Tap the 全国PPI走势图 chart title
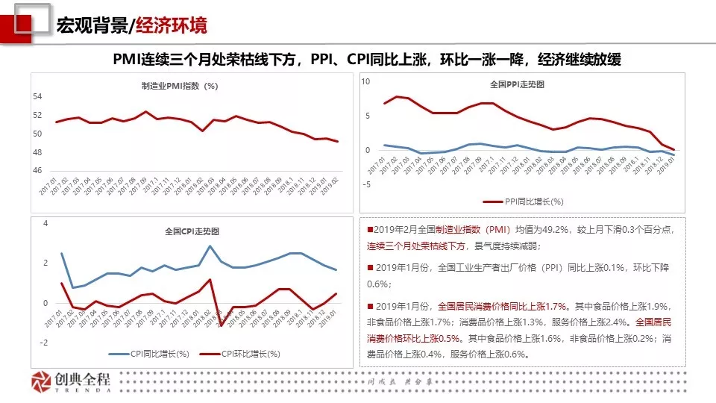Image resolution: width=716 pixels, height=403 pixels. (517, 84)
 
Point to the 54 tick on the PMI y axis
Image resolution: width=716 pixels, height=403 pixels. (38, 97)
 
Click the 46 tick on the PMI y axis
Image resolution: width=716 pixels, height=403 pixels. (38, 171)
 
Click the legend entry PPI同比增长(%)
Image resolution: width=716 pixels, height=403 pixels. (523, 201)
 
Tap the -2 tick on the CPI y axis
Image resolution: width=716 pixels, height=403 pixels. (45, 343)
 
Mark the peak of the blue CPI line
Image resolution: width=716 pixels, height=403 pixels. (210, 246)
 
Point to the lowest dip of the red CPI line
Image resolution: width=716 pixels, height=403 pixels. (222, 325)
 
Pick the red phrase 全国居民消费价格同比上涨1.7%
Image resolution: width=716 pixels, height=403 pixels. (503, 306)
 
